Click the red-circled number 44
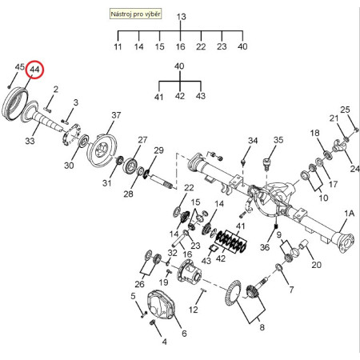click(34, 70)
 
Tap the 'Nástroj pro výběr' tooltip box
click(135, 14)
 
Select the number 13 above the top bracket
click(181, 17)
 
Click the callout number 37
click(116, 115)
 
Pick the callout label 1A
click(350, 214)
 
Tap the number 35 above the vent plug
click(278, 140)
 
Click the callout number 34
click(253, 141)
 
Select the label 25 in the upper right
click(345, 110)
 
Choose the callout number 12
click(194, 310)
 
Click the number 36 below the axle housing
click(265, 247)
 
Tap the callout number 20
click(317, 265)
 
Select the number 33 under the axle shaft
click(30, 141)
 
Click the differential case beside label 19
click(190, 272)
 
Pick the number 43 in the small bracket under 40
click(201, 96)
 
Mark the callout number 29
click(158, 150)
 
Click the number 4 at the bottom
click(165, 342)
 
